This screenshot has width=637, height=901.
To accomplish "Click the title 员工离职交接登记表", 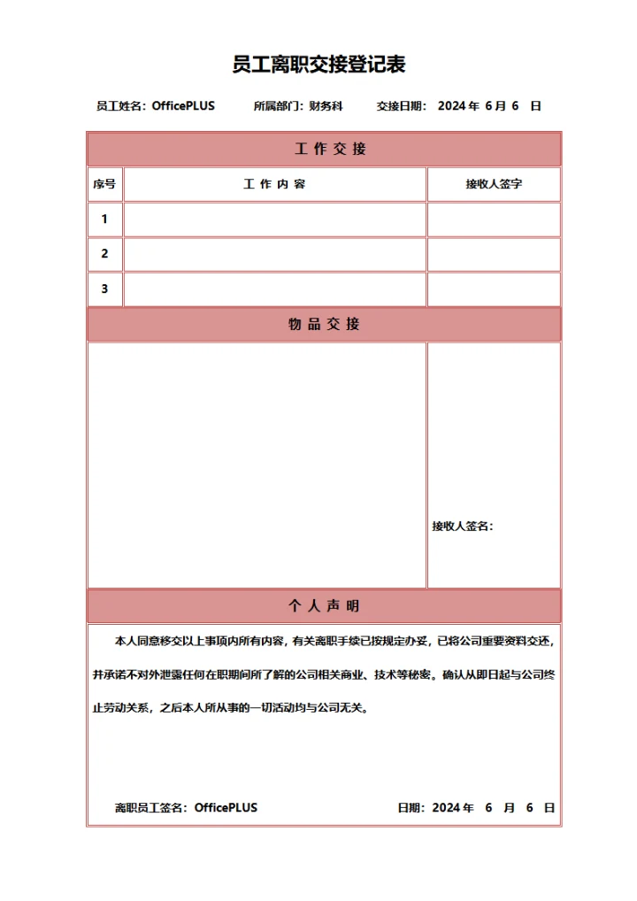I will (318, 64).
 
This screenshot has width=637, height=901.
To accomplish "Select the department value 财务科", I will (326, 106).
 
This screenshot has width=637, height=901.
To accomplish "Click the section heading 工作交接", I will (324, 150).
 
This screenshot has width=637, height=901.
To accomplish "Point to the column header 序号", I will (104, 184).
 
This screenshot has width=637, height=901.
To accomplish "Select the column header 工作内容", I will (274, 184).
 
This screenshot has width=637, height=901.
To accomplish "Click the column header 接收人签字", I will (494, 184).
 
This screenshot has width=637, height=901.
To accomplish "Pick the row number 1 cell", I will (104, 219).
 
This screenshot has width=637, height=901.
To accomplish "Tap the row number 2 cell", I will (104, 254).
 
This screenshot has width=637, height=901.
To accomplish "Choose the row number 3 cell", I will (104, 289).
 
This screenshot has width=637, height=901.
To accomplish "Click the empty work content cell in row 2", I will (274, 254).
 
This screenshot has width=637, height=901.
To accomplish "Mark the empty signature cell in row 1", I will (494, 219).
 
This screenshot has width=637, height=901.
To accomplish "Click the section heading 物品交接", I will (324, 324).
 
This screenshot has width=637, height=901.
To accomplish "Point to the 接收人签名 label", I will (462, 527).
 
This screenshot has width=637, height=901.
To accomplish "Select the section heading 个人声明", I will (324, 606).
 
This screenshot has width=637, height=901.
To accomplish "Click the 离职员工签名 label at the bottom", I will (150, 808).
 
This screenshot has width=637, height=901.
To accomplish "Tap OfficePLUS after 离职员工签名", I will (226, 808).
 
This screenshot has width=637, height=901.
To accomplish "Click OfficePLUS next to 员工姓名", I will (183, 106).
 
